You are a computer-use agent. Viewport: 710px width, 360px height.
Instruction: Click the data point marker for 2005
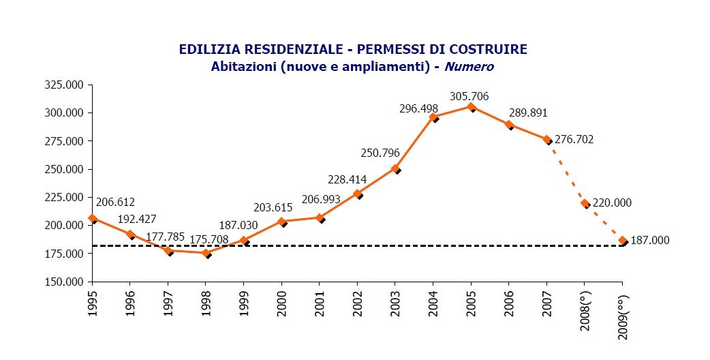471,107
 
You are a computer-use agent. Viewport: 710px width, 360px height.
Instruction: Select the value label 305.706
469,97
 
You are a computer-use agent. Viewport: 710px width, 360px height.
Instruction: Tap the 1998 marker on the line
206,253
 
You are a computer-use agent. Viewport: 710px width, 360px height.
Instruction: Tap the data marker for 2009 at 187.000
622,241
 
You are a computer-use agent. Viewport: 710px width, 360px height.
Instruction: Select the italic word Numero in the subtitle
469,67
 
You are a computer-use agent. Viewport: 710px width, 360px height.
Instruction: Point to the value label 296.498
418,108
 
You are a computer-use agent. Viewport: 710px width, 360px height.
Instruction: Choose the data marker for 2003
395,169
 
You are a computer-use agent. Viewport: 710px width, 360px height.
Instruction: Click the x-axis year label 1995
93,303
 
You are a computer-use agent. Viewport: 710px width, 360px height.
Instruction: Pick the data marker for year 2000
282,222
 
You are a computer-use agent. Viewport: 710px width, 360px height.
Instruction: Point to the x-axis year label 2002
358,303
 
